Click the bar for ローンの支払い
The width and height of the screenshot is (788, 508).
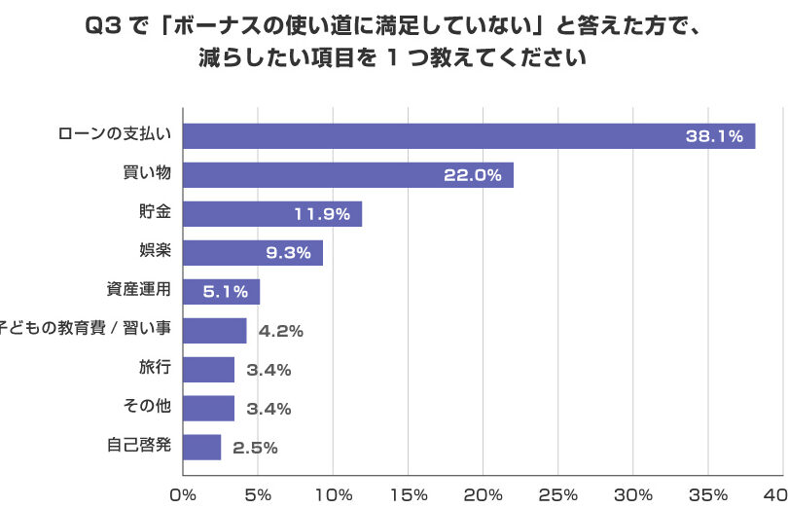tap(469, 136)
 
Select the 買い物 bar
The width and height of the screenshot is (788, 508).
tap(348, 175)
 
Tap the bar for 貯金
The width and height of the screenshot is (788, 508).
tap(272, 214)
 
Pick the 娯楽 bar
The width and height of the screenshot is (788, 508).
tap(253, 252)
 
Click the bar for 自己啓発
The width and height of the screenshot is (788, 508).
tap(202, 447)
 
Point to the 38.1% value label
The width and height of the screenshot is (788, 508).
tap(714, 136)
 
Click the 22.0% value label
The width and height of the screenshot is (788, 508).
tap(473, 175)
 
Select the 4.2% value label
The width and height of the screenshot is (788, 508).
tap(281, 331)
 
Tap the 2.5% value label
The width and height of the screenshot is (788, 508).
tap(255, 448)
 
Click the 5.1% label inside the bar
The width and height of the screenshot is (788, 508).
tap(225, 292)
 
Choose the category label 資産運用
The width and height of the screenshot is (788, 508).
tap(139, 289)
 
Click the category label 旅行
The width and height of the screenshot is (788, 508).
tap(156, 367)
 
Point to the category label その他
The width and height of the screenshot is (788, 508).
tap(147, 406)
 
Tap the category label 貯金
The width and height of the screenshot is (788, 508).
tap(156, 211)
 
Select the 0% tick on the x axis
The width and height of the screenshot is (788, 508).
tap(183, 495)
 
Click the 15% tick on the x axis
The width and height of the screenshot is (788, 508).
tap(409, 495)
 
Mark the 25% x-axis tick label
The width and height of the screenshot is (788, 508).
tap(558, 495)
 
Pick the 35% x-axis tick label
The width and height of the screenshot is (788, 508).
tap(708, 495)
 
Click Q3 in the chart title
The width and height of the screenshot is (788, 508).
tap(103, 26)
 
